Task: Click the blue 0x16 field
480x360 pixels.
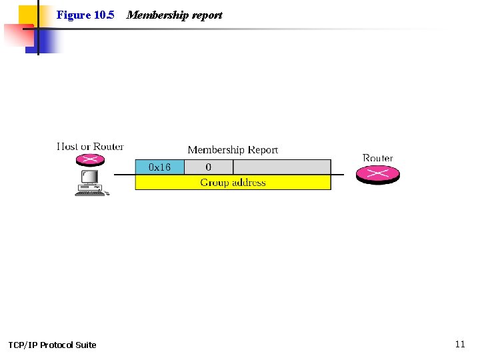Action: click(159, 167)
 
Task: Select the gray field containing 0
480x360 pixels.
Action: click(209, 167)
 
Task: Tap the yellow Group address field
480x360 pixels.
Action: click(233, 182)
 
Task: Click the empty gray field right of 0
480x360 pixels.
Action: click(282, 167)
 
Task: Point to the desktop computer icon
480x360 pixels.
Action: click(91, 183)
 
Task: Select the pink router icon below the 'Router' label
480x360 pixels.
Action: click(377, 173)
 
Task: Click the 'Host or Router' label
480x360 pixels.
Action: click(90, 147)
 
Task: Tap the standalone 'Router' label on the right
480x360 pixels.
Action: click(377, 158)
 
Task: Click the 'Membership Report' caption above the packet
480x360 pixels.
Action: click(233, 150)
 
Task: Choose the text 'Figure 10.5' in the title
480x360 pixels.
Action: click(85, 15)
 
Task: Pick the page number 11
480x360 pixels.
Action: click(459, 344)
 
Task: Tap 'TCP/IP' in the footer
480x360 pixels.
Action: click(23, 345)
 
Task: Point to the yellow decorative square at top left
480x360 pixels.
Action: click(27, 15)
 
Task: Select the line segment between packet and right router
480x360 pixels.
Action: click(337, 175)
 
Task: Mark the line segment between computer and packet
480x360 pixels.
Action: click(124, 175)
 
